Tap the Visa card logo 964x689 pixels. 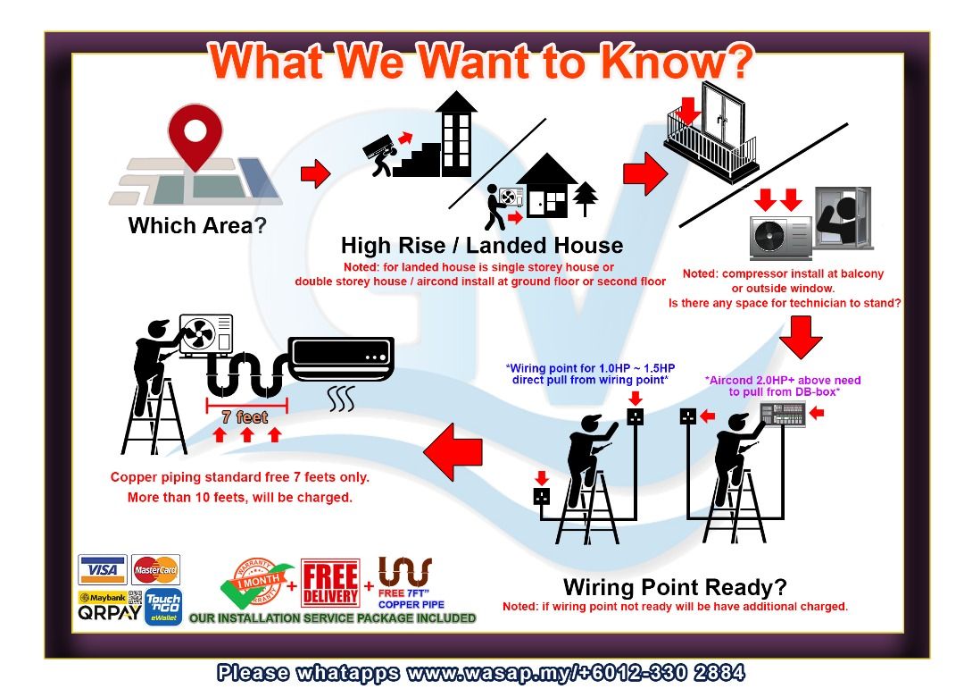pos(102,569)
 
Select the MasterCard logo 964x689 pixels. pos(155,569)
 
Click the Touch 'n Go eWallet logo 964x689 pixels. pos(163,607)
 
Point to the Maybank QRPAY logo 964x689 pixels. pos(110,606)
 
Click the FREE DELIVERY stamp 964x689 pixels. pos(330,583)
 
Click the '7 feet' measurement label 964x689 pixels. pos(245,417)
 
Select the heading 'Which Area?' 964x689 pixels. pos(197,225)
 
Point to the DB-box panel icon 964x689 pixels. pos(783,414)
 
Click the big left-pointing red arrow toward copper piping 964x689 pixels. pos(453,451)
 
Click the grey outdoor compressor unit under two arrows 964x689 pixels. pos(781,237)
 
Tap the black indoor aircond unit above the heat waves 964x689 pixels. pos(341,358)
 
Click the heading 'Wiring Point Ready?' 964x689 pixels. pos(675,587)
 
